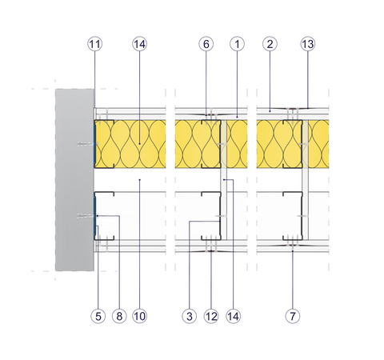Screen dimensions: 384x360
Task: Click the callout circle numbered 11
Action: point(95,44)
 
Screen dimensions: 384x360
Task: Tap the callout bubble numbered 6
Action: point(206,44)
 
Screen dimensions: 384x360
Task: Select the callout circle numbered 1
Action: point(237,44)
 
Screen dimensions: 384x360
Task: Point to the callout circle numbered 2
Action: point(270,44)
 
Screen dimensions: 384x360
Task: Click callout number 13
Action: point(308,44)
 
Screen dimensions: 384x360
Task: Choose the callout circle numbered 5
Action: point(98,316)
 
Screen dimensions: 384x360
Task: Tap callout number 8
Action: point(119,316)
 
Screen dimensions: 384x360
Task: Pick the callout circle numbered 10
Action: point(139,316)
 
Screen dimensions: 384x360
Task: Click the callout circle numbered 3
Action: point(190,316)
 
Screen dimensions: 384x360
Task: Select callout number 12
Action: point(211,316)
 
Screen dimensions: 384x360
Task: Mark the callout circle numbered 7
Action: point(293,316)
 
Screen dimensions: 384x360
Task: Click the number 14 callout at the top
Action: point(139,44)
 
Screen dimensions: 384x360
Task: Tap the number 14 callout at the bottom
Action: point(233,316)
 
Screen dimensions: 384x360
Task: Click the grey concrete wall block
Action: point(74,180)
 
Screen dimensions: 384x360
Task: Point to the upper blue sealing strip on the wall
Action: point(94,144)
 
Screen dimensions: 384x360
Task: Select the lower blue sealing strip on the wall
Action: point(94,216)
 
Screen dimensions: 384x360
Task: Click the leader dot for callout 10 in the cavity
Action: point(140,180)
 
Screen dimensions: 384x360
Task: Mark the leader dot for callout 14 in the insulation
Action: point(140,144)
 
